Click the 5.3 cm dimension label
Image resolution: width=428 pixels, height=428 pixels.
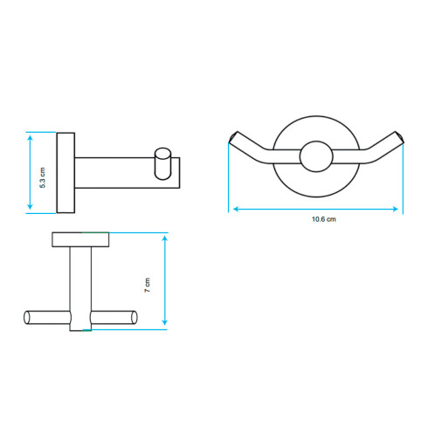point(43,177)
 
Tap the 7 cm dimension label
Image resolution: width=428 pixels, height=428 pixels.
point(148,286)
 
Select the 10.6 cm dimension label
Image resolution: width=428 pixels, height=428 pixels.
point(324,219)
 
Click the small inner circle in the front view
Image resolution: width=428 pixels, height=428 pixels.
point(316,156)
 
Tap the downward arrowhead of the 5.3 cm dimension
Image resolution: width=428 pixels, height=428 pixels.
point(30,207)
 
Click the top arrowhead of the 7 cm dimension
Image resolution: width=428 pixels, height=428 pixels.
point(165,238)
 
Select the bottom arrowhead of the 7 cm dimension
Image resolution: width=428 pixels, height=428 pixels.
point(165,322)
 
